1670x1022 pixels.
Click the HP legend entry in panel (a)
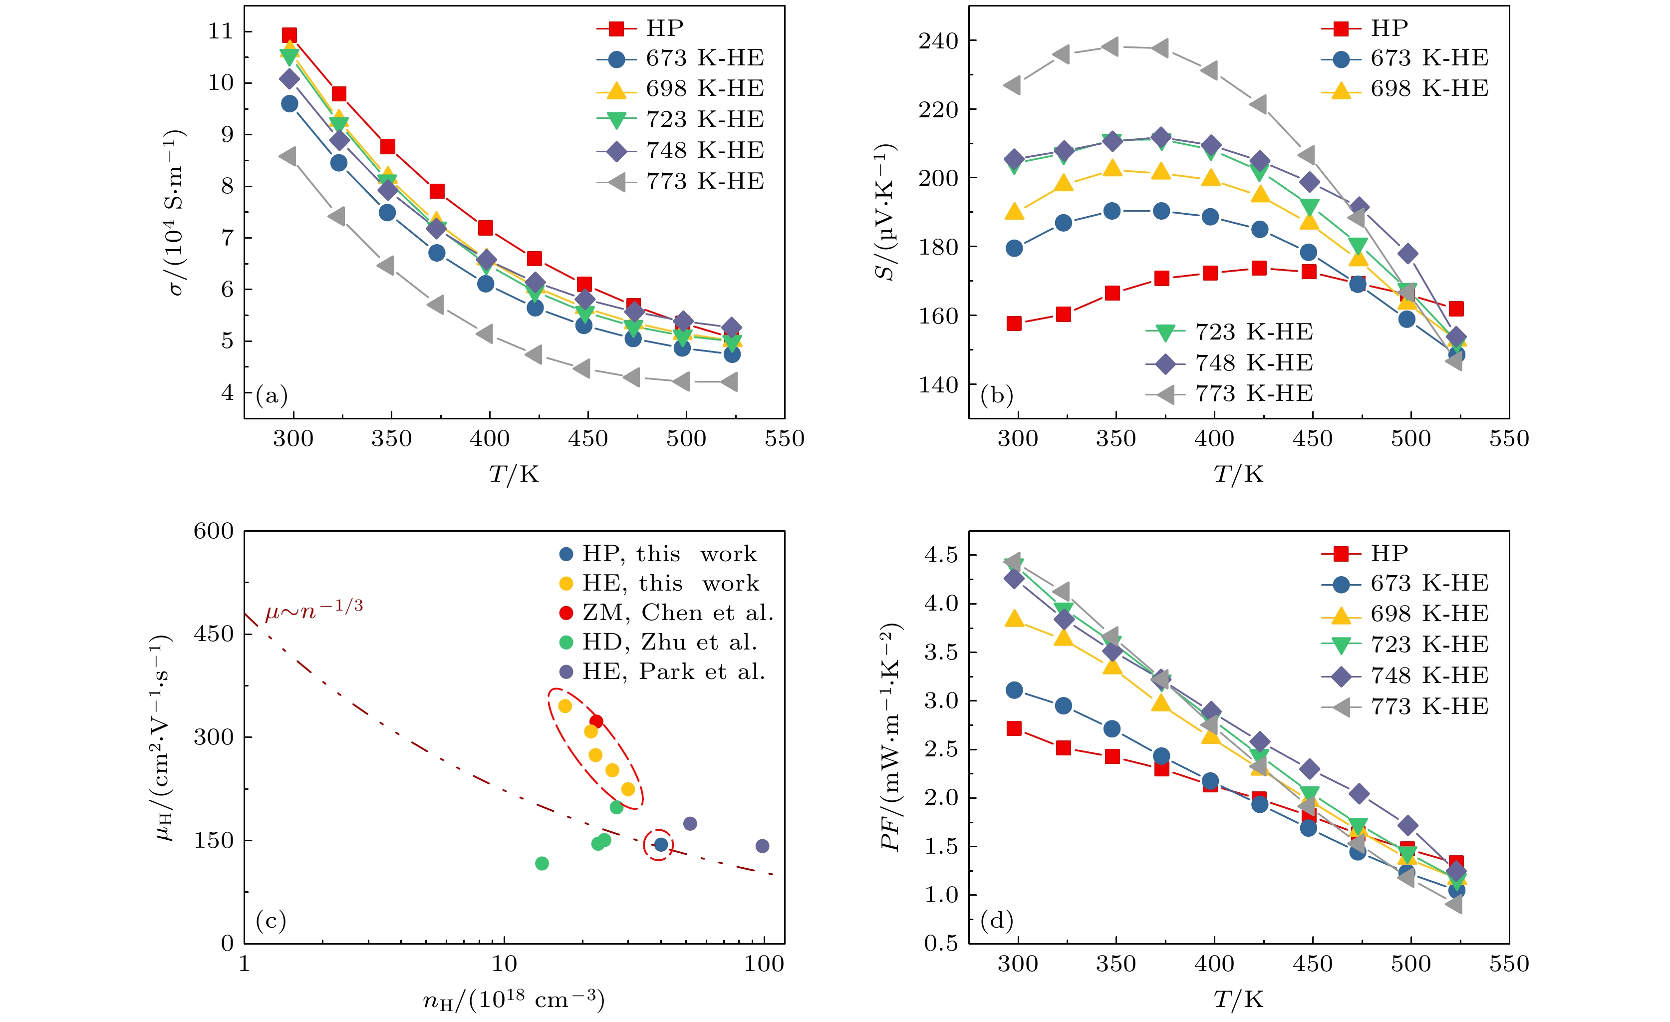664,28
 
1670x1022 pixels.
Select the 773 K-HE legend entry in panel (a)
705,182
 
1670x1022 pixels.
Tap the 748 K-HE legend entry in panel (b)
1254,363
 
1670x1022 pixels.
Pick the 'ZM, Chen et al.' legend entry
678,613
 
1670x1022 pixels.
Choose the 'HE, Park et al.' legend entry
674,672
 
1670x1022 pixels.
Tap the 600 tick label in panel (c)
214,531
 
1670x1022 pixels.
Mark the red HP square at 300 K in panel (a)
289,35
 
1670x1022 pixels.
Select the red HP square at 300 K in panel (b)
1014,324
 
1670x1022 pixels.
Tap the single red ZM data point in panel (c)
596,721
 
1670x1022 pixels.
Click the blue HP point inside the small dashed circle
661,844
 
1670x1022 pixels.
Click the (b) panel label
996,395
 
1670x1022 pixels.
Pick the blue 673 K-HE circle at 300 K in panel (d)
1014,690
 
